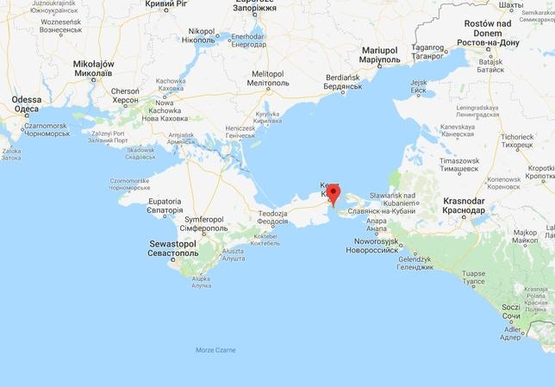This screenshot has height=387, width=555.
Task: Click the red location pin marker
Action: click(333, 193)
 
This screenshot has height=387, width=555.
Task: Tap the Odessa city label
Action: click(26, 104)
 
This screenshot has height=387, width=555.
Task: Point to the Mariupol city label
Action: click(378, 55)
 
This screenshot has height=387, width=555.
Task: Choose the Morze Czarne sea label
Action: click(215, 350)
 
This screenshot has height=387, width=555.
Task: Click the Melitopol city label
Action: click(267, 78)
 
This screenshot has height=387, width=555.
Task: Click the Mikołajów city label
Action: click(93, 69)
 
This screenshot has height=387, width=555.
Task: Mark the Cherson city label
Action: click(125, 95)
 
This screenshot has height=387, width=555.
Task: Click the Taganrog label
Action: click(428, 52)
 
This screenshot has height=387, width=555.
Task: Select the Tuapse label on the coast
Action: click(474, 276)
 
